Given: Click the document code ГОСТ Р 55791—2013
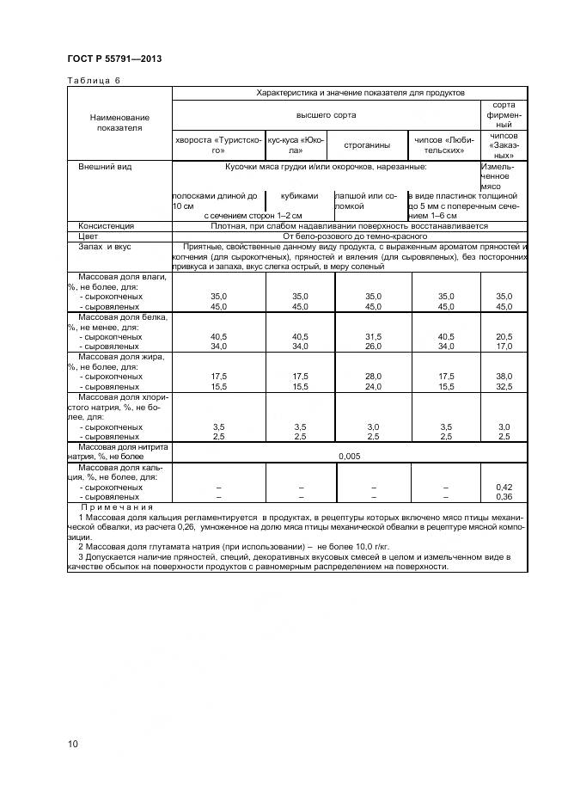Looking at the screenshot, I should pyautogui.click(x=113, y=58).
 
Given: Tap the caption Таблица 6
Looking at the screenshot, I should pyautogui.click(x=94, y=80).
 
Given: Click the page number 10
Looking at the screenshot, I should pyautogui.click(x=72, y=743).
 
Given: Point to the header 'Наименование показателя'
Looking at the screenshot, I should pyautogui.click(x=119, y=122).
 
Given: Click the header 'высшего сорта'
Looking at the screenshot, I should pyautogui.click(x=326, y=114).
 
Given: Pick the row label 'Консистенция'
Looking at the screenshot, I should pyautogui.click(x=106, y=226).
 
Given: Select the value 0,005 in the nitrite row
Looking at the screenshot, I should pyautogui.click(x=350, y=457).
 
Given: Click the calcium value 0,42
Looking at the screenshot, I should pyautogui.click(x=504, y=487).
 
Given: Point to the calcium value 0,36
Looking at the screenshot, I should pyautogui.click(x=504, y=496).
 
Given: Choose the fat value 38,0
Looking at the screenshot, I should pyautogui.click(x=504, y=376).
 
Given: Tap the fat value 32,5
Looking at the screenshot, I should pyautogui.click(x=504, y=386).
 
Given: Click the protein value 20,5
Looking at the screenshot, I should pyautogui.click(x=504, y=336).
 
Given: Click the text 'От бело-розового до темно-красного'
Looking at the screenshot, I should pyautogui.click(x=350, y=236).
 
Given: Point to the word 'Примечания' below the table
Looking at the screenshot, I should pyautogui.click(x=111, y=508).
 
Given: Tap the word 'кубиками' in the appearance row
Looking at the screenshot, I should pyautogui.click(x=300, y=196).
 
